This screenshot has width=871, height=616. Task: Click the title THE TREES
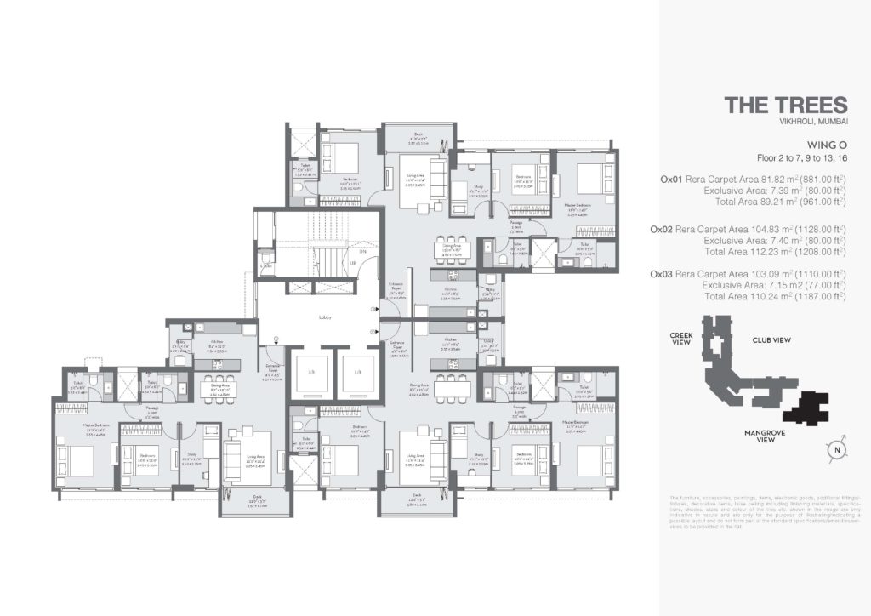click(x=785, y=106)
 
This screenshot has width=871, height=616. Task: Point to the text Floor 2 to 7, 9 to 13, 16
click(x=801, y=158)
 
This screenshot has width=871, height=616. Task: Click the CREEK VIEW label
click(x=680, y=339)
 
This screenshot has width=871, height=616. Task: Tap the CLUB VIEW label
click(x=771, y=339)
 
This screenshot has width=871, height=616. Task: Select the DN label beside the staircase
click(x=362, y=252)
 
